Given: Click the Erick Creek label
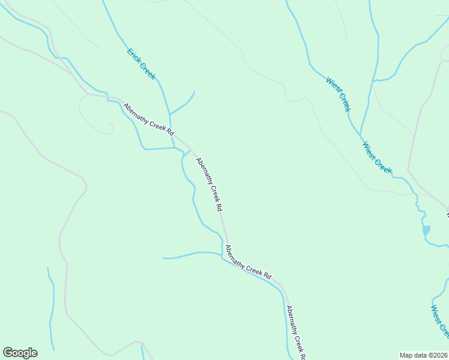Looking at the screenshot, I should pos(141,64).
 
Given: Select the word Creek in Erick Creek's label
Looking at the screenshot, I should pos(147,71).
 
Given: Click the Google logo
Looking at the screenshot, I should pos(20,352).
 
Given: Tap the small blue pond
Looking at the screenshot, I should pos(426,230).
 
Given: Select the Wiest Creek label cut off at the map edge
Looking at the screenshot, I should pos(439,321).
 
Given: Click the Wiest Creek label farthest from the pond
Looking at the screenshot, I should pos(338,94).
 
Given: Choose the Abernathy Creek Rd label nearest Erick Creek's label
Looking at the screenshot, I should pos(148,119).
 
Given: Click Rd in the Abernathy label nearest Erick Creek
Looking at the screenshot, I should pos(170,131).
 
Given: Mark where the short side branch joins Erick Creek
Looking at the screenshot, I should pos(170,114).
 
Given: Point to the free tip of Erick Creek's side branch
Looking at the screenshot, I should pos(194,92).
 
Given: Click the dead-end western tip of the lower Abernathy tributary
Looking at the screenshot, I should pos(163,258).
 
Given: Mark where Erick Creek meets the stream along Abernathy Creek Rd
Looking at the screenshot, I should pos(173,148).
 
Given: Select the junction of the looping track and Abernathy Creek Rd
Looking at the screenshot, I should pos(89,94).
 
